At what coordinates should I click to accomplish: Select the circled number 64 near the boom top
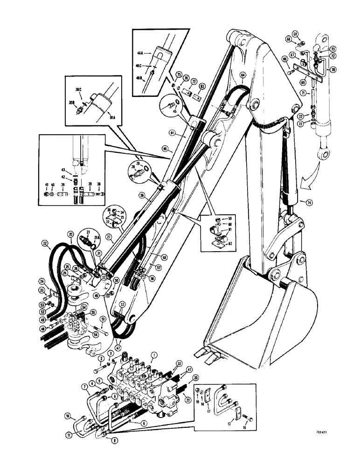coord(242,75)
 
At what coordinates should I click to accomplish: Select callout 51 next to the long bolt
coord(103,319)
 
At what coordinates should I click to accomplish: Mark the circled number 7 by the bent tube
coord(85,387)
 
